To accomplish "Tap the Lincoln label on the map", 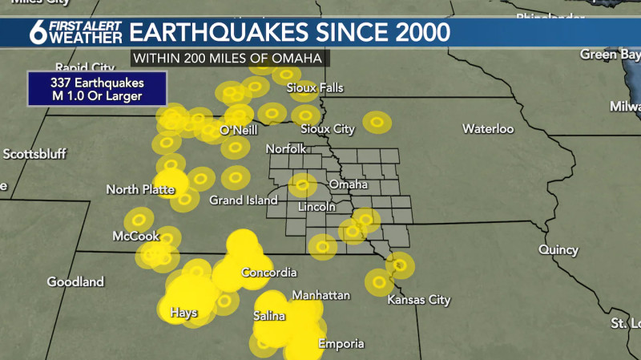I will [x=316, y=207].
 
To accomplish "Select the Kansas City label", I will [x=418, y=300].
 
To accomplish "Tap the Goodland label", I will [x=75, y=281].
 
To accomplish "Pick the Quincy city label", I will [x=558, y=250].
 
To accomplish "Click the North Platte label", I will [x=140, y=190].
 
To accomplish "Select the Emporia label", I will [x=341, y=344].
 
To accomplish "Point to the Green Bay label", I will [x=608, y=54].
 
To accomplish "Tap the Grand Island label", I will [x=244, y=200].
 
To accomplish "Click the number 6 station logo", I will [x=37, y=34].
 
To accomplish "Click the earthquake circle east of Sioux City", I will [x=377, y=122].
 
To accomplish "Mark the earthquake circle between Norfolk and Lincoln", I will [x=303, y=185].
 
